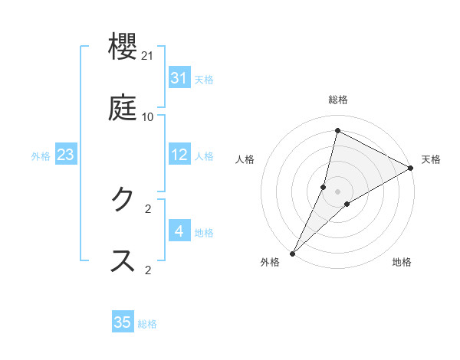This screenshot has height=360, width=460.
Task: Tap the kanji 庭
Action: pyautogui.click(x=123, y=107)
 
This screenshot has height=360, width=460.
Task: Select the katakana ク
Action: pyautogui.click(x=123, y=198)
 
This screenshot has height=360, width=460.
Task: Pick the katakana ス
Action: pyautogui.click(x=123, y=260)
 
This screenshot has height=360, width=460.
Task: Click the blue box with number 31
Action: pyautogui.click(x=179, y=77)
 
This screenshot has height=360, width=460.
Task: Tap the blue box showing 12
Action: pyautogui.click(x=179, y=155)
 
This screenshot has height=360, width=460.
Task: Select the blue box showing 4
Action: pyautogui.click(x=179, y=231)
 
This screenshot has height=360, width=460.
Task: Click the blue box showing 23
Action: pyautogui.click(x=66, y=155)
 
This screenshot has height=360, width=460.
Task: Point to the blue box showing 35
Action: pyautogui.click(x=123, y=322)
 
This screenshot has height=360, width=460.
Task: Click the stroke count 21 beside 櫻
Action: pyautogui.click(x=148, y=57)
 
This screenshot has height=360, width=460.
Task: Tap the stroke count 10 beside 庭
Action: pyautogui.click(x=148, y=117)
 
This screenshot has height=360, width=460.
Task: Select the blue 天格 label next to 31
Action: pyautogui.click(x=204, y=79)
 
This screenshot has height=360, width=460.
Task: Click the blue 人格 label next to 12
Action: pyautogui.click(x=204, y=156)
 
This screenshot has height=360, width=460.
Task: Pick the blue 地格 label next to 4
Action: pyautogui.click(x=204, y=232)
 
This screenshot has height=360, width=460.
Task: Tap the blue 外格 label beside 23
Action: pyautogui.click(x=41, y=156)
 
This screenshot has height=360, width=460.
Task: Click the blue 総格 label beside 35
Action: pyautogui.click(x=148, y=324)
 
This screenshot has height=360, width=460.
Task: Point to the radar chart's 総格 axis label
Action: pyautogui.click(x=338, y=100)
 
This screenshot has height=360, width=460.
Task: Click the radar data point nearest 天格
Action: pyautogui.click(x=411, y=169)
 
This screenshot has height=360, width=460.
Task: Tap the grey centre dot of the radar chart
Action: pyautogui.click(x=337, y=191)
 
